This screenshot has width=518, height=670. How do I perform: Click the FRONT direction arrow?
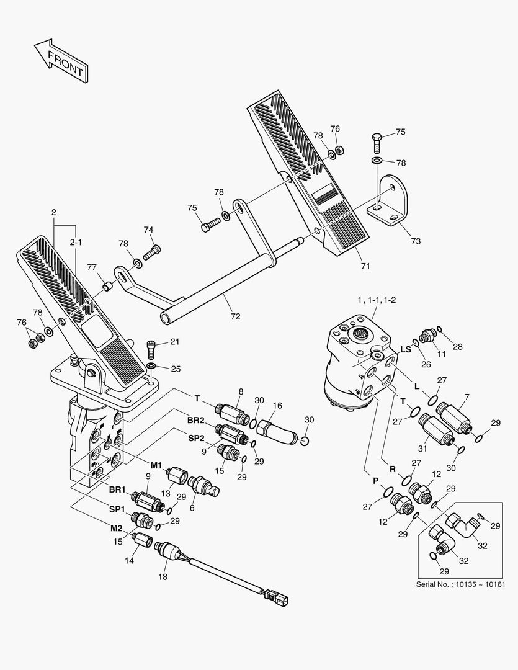60,61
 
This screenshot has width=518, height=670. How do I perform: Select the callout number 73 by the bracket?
415,240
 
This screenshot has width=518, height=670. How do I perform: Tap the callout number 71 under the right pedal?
365,266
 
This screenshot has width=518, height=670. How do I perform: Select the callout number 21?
175,342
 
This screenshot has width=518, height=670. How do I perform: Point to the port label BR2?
196,420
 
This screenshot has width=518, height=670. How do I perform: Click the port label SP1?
117,509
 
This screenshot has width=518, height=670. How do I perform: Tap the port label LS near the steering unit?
406,349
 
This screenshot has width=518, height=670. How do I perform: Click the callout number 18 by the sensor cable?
163,576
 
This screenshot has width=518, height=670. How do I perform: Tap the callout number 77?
92,267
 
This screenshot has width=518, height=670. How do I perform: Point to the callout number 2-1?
76,242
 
